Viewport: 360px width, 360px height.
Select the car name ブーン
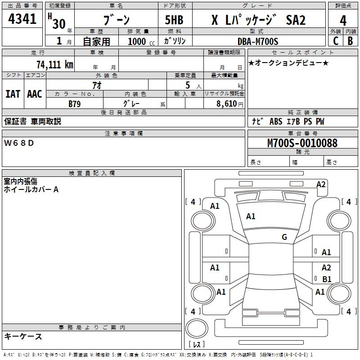click(116, 20)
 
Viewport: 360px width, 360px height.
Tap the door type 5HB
click(174, 20)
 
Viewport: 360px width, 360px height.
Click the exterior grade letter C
click(335, 41)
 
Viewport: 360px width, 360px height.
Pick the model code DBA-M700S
click(258, 41)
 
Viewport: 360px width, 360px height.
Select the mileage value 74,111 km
click(54, 64)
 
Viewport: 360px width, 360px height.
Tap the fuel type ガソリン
click(175, 41)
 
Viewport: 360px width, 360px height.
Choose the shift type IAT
click(13, 94)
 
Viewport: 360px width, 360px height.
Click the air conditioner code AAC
click(35, 94)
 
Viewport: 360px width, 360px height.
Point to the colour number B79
click(75, 103)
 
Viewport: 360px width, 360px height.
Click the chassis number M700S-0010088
click(302, 143)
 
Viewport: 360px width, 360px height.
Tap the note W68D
click(19, 143)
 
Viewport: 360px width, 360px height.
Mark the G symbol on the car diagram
click(284, 237)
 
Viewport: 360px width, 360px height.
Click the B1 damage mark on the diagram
click(327, 279)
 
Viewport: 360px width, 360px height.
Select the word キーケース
click(23, 337)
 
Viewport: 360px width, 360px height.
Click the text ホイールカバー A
click(31, 189)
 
